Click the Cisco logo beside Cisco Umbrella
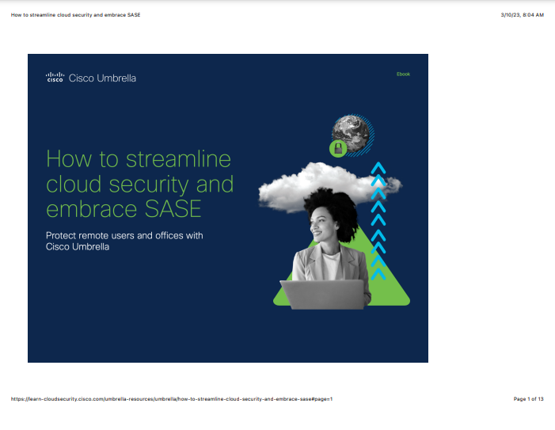(55, 77)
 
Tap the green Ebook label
(403, 74)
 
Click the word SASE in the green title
(173, 208)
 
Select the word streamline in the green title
(178, 159)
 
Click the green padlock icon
(338, 149)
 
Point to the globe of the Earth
(351, 133)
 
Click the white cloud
(329, 186)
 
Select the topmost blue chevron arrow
(378, 168)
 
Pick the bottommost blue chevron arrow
(378, 274)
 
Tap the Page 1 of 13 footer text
(528, 399)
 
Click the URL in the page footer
(172, 399)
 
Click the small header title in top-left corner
(76, 15)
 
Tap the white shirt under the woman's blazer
(331, 265)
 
